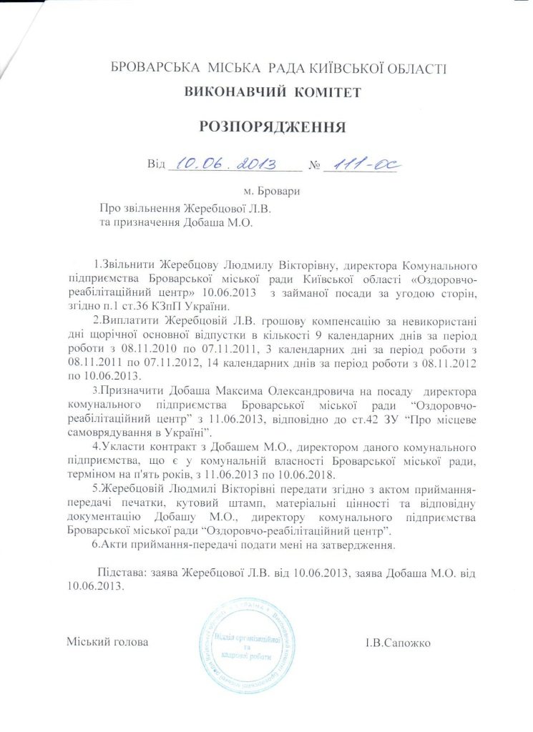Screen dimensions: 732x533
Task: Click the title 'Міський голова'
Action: pos(107,642)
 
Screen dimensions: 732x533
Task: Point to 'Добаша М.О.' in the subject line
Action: pos(224,222)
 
